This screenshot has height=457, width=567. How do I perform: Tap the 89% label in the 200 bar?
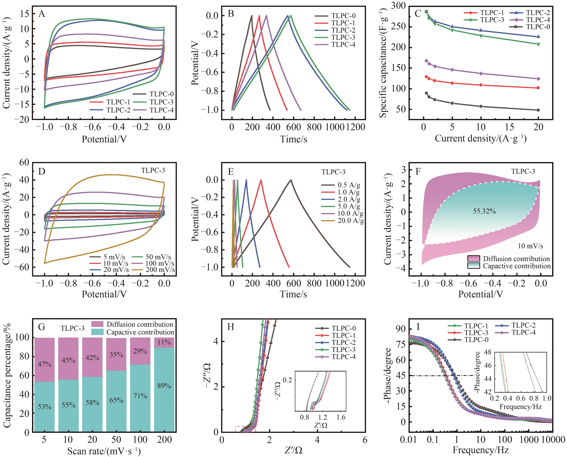(x=164, y=386)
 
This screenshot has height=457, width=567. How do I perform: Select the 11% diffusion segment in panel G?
(x=164, y=342)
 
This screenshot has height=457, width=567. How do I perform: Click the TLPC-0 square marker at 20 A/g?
(x=538, y=110)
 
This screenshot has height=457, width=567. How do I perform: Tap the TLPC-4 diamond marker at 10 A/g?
(x=481, y=73)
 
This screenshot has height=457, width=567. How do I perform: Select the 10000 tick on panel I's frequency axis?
(x=552, y=440)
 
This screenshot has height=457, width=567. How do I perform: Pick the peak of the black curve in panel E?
(x=291, y=180)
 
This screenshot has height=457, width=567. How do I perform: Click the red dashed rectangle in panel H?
(x=245, y=429)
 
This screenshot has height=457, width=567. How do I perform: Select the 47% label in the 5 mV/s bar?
(x=44, y=364)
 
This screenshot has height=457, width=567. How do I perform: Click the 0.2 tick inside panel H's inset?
(x=288, y=380)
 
